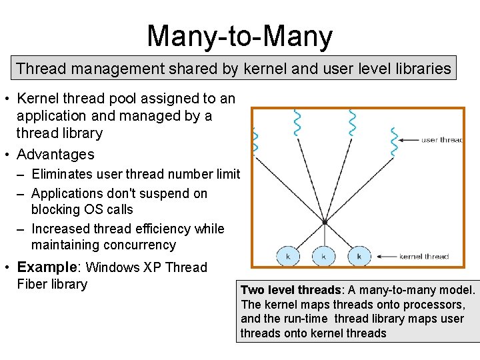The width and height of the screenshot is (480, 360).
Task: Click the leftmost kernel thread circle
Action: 288,256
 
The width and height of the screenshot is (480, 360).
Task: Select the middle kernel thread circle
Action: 323,256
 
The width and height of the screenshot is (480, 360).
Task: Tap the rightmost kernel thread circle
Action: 359,256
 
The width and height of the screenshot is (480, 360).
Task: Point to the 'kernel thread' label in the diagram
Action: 424,256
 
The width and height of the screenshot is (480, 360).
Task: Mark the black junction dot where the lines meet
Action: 324,222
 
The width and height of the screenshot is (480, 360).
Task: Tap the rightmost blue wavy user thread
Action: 395,140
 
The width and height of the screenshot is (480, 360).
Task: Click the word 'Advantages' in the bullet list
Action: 55,155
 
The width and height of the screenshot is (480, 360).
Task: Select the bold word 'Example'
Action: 47,267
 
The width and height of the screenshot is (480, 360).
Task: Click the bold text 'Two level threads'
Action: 291,290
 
